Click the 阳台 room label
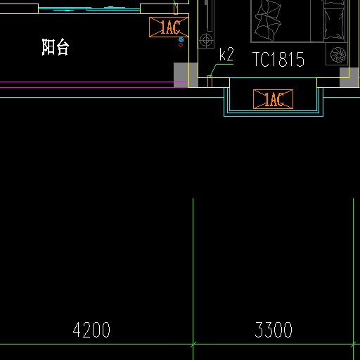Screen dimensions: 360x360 tap(56, 47)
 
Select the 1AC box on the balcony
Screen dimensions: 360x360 tap(169, 27)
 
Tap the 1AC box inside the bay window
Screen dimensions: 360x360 tap(273, 99)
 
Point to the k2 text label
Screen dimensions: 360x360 tap(226, 54)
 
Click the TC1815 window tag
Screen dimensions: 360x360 tap(278, 59)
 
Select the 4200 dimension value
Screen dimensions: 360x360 tap(91, 330)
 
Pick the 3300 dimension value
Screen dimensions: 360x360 tap(274, 330)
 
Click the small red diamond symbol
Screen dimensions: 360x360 tap(181, 45)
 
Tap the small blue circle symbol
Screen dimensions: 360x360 tap(181, 39)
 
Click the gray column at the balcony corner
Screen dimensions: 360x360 tap(186, 75)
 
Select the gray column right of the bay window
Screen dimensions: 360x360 tap(349, 77)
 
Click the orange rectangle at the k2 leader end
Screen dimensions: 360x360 tap(210, 82)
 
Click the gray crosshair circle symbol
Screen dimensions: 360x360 tap(206, 40)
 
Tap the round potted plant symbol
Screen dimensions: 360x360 tap(338, 55)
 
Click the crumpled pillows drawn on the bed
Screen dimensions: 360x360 tap(268, 21)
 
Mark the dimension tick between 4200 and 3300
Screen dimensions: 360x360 tap(193, 345)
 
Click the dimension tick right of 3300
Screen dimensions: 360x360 tap(353, 345)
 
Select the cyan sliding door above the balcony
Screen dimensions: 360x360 tap(89, 10)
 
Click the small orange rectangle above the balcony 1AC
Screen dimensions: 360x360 tap(176, 8)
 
